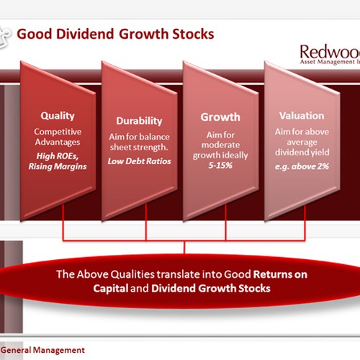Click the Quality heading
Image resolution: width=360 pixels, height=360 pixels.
coord(58,116)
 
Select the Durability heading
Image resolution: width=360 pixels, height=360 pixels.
coord(139,121)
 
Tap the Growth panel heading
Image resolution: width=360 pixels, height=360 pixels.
coord(220,117)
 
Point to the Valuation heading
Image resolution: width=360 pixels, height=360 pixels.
coord(302,116)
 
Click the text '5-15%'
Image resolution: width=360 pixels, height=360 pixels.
coord(220,166)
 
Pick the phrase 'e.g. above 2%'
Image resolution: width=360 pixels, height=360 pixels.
coord(302,166)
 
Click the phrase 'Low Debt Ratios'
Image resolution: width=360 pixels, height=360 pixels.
coord(139,161)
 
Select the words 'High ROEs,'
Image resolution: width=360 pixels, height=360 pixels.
coord(58,156)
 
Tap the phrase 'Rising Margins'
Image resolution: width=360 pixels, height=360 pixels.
coord(58,166)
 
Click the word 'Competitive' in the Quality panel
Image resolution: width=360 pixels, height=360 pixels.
coord(58,132)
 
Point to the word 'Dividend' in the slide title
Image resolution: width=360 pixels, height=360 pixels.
coord(85,34)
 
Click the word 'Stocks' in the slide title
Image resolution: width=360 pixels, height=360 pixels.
coord(193,34)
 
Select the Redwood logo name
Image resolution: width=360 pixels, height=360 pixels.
coord(330,52)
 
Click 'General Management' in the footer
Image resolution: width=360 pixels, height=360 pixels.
coord(42,350)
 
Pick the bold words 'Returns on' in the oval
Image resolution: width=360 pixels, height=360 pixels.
coord(280,274)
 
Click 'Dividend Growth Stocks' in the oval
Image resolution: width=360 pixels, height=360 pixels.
coord(211,288)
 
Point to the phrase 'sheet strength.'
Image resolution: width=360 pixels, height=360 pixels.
coord(139,147)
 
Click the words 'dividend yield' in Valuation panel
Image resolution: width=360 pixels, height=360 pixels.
coord(302,153)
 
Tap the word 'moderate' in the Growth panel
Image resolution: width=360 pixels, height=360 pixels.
coord(220,145)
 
